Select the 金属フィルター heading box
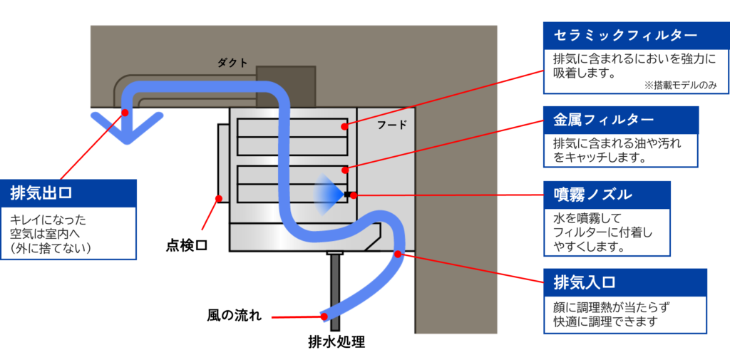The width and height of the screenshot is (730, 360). [621, 120]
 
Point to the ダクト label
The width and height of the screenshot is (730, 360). [232, 63]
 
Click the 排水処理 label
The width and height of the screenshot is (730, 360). [336, 343]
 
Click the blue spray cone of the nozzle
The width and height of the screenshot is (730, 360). [331, 194]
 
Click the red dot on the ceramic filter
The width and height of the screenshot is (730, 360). [344, 125]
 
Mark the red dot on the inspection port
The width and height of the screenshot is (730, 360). [218, 198]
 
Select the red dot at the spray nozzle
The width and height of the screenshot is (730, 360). [354, 195]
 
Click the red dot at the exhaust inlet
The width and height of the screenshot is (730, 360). [398, 254]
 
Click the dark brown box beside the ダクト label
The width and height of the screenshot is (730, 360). [286, 86]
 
